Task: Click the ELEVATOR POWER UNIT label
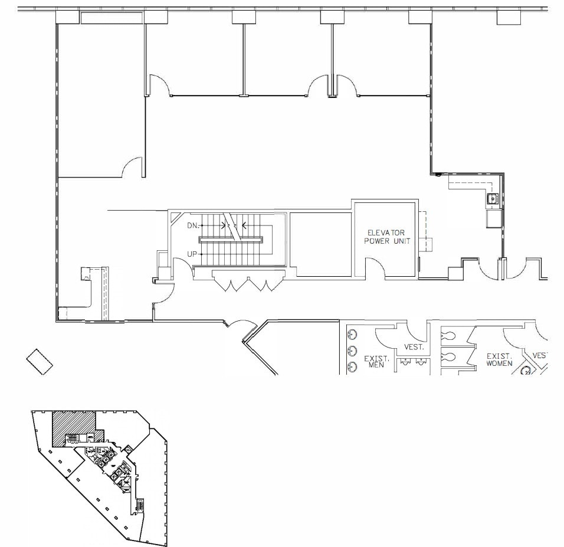(386, 237)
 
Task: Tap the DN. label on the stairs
(192, 225)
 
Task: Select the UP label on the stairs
(192, 254)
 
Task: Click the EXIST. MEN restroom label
(376, 361)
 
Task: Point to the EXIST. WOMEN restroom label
(499, 360)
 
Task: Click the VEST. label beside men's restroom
(414, 347)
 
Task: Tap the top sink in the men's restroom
(352, 335)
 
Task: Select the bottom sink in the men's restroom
(352, 367)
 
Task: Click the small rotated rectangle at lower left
(40, 361)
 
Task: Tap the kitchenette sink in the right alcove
(491, 199)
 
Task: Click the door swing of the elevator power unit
(375, 268)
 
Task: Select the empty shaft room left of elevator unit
(322, 244)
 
